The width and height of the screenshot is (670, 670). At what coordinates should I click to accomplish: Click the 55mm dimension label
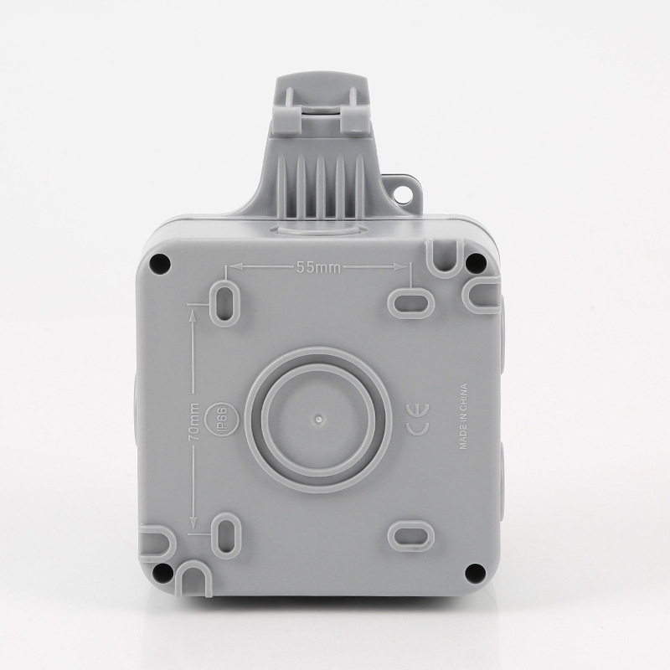(318, 267)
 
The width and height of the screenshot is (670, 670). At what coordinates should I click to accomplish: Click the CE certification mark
(420, 420)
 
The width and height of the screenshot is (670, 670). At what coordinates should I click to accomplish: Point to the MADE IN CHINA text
(463, 416)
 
